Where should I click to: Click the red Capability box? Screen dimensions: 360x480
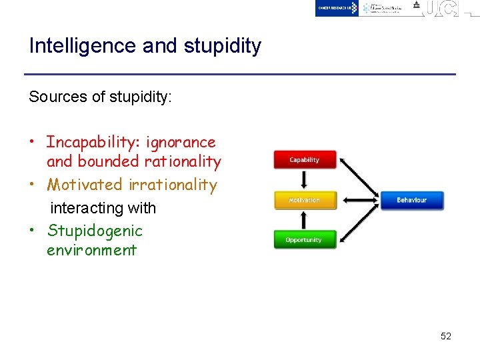pyautogui.click(x=305, y=160)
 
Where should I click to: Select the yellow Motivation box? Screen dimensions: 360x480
pyautogui.click(x=305, y=200)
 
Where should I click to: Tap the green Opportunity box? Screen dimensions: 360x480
pyautogui.click(x=305, y=240)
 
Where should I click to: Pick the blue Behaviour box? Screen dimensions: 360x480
pyautogui.click(x=411, y=200)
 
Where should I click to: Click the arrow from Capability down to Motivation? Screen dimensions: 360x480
pyautogui.click(x=305, y=180)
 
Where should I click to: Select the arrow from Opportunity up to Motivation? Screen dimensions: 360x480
pyautogui.click(x=305, y=220)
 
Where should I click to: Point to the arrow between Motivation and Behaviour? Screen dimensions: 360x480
pyautogui.click(x=359, y=200)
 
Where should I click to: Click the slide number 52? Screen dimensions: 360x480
pyautogui.click(x=446, y=336)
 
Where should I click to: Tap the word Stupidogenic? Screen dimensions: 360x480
pyautogui.click(x=95, y=231)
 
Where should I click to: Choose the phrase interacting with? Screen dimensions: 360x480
pyautogui.click(x=103, y=208)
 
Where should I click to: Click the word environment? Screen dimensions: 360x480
pyautogui.click(x=91, y=250)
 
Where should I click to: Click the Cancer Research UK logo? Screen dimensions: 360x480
pyautogui.click(x=337, y=8)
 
